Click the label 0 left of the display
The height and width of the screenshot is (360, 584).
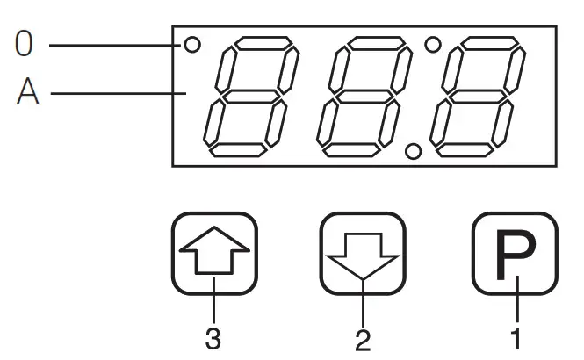coord(25,44)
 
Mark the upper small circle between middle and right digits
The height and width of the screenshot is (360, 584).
coord(432,42)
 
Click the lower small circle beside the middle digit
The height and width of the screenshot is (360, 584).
coord(411,151)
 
